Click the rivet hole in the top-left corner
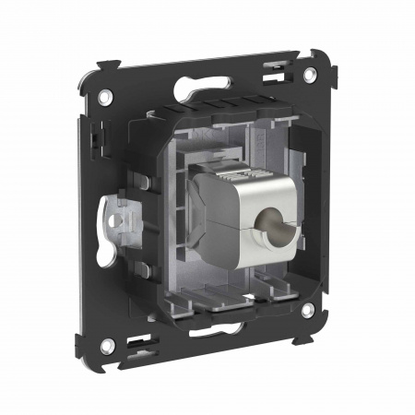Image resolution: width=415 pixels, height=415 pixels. [x=107, y=95]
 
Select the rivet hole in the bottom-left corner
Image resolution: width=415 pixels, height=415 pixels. [x=107, y=346]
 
